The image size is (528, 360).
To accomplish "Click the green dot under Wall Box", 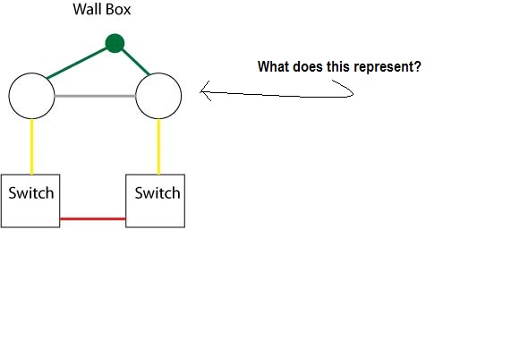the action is point(115,43).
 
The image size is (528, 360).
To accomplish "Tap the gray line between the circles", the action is point(95,96).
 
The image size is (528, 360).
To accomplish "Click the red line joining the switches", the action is point(92,219).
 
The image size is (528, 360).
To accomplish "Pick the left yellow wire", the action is point(32,147).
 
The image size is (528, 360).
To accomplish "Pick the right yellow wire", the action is point(159,147).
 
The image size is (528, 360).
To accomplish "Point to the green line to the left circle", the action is point(76,64).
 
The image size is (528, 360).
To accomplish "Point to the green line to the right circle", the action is point(135,62).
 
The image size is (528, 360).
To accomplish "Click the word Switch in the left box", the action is point(31,193).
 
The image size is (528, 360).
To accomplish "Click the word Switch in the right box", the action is point(158,193).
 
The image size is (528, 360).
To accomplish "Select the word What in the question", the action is point(274,66).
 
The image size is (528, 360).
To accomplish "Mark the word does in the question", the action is point(308,66).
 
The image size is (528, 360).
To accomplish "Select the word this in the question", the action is point(338,66).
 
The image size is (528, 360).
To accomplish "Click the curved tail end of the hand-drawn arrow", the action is point(332,81).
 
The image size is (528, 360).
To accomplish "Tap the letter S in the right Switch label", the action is point(139,193).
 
